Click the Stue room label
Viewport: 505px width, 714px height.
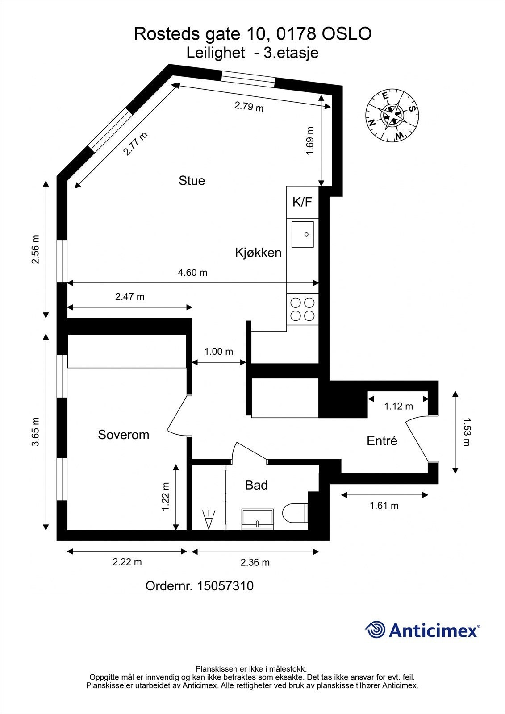pos(192,181)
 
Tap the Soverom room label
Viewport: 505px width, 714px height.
pos(123,435)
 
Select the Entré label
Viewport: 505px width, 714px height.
pos(382,441)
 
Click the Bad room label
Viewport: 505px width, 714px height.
pos(256,485)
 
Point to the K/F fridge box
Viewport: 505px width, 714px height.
pos(302,202)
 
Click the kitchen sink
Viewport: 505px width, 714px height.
pos(303,234)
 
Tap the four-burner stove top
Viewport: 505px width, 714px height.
pos(302,309)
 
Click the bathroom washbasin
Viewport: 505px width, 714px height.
pos(258,519)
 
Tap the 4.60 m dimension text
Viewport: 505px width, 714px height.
pos(192,272)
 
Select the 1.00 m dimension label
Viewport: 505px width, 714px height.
pos(218,352)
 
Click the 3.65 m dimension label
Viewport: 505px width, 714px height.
pos(36,432)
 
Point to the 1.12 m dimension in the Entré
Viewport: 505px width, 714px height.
pos(398,406)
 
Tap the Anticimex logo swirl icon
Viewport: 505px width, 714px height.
pos(376,630)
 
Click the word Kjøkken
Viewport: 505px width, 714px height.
pos(258,253)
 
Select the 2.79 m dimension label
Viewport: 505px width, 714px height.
pos(249,107)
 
